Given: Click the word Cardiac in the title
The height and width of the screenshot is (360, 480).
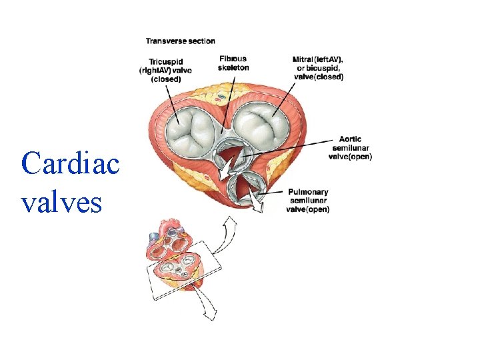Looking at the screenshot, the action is [x=70, y=163].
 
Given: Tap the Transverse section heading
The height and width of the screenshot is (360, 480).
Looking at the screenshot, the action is [x=181, y=41].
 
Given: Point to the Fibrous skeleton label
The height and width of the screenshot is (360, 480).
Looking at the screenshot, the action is [x=233, y=63].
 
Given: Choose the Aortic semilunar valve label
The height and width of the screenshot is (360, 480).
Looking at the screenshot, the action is [x=351, y=148].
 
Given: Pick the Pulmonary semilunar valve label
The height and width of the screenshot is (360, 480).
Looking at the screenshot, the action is [x=308, y=201].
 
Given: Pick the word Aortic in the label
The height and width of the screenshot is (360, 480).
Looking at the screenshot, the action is [x=351, y=139].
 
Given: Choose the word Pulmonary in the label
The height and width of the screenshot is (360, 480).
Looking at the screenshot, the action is [x=308, y=192].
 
